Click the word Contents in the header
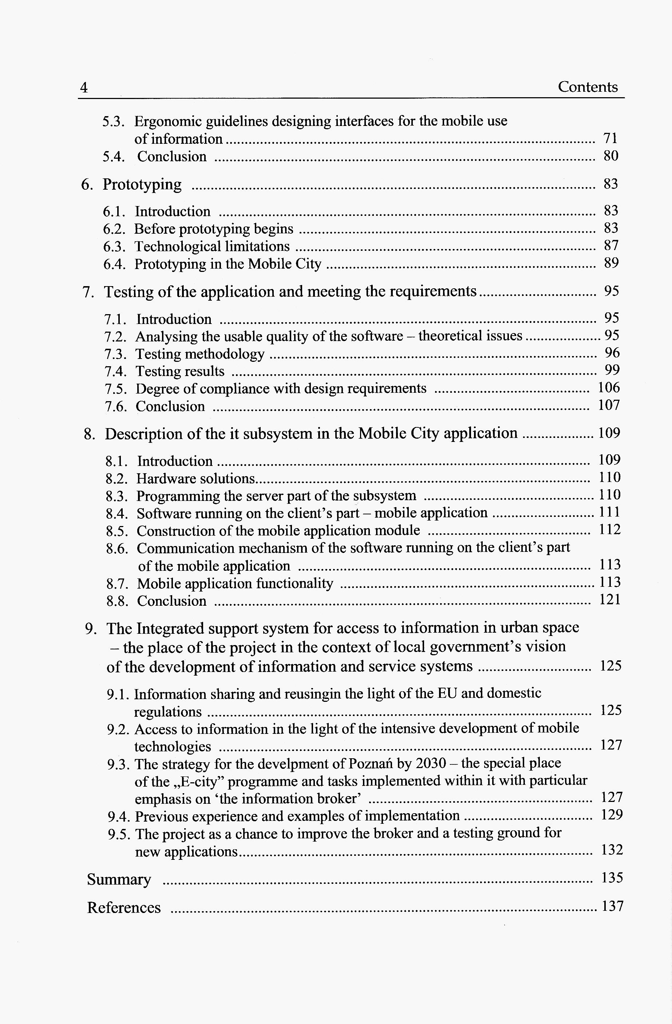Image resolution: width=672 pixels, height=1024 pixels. tap(587, 87)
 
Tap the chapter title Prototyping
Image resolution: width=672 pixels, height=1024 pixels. tap(142, 184)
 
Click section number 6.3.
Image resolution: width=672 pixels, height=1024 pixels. tap(114, 246)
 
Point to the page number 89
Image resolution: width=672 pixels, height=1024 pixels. tap(611, 263)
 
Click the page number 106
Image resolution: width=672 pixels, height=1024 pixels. tap(609, 388)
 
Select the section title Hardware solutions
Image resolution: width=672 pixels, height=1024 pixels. tap(196, 478)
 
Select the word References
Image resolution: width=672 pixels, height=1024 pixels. tap(124, 908)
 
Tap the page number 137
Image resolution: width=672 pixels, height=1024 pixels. tap(612, 906)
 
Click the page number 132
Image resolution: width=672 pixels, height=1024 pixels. tap(611, 850)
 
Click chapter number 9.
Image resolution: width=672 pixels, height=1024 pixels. tap(90, 629)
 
